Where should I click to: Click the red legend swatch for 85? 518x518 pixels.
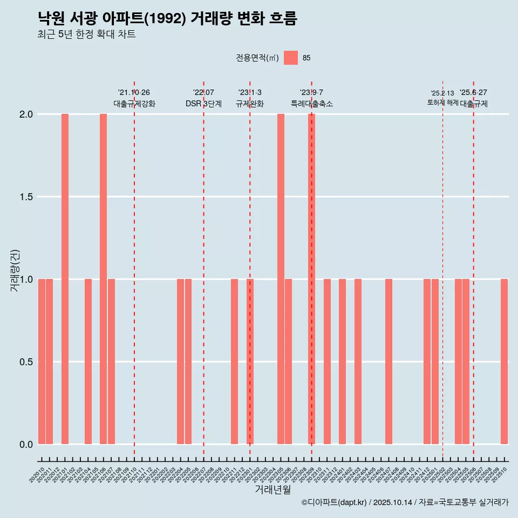click(x=291, y=58)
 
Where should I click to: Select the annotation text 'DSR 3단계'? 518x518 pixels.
click(x=203, y=104)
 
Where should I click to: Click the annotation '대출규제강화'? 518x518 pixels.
click(x=134, y=104)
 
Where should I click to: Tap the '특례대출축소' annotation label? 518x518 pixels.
click(x=311, y=104)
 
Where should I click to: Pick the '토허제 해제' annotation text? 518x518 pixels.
click(x=442, y=103)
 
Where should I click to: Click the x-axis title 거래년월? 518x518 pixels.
click(x=272, y=490)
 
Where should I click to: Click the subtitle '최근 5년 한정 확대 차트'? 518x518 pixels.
click(x=86, y=35)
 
